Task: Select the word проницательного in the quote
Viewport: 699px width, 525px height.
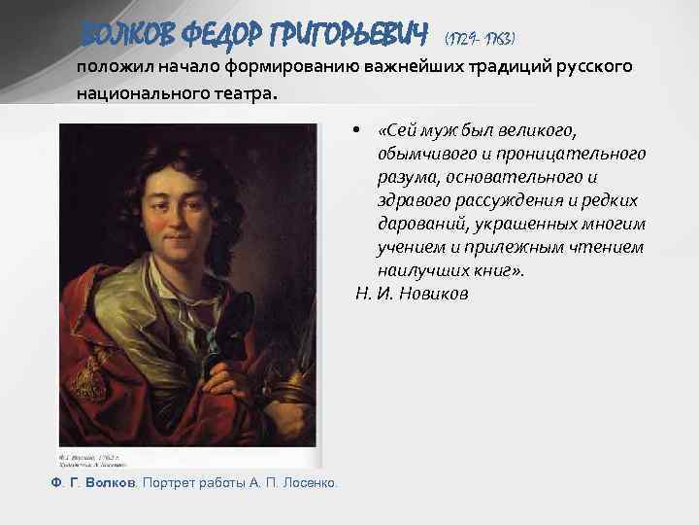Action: coord(572,154)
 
